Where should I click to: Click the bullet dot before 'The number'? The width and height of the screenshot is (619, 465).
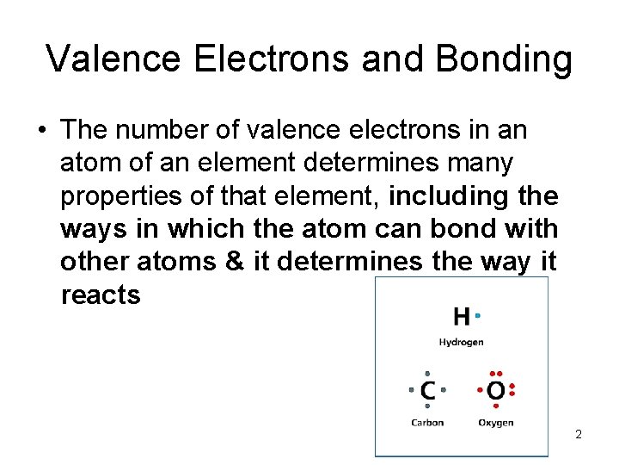(41, 132)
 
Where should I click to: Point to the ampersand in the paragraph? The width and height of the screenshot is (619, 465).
(235, 262)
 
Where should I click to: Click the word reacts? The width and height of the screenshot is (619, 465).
(101, 295)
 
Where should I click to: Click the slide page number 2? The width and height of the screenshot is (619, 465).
(579, 434)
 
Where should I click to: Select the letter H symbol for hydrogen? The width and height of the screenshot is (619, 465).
(462, 317)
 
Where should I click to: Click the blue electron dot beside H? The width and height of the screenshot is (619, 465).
(478, 316)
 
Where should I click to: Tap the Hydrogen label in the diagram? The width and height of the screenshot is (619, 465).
(462, 342)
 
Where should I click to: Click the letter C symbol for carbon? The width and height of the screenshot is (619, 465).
(427, 391)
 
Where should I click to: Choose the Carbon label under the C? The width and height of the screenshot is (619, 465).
(427, 422)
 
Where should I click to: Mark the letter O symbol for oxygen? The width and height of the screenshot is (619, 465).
(496, 391)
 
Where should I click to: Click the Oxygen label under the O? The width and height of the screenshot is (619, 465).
(496, 422)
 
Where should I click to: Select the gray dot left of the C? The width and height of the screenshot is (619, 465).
(412, 390)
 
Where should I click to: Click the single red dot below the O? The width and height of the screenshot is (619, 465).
(496, 406)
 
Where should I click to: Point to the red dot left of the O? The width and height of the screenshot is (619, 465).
(480, 390)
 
